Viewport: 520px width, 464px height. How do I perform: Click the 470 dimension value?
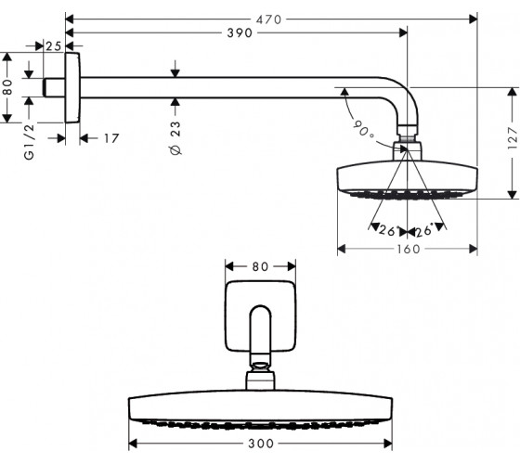(268, 19)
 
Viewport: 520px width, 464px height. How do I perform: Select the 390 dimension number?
(240, 32)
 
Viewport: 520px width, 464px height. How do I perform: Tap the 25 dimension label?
(54, 46)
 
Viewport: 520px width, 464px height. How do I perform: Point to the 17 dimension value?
(111, 138)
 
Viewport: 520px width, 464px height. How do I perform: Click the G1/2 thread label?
(29, 142)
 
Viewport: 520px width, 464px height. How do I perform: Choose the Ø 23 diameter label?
(175, 138)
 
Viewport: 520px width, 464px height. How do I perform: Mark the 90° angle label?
(363, 129)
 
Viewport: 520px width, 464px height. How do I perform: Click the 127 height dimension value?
(513, 138)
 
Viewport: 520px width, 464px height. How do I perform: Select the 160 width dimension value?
(409, 249)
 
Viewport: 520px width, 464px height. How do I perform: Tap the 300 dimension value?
(261, 444)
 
